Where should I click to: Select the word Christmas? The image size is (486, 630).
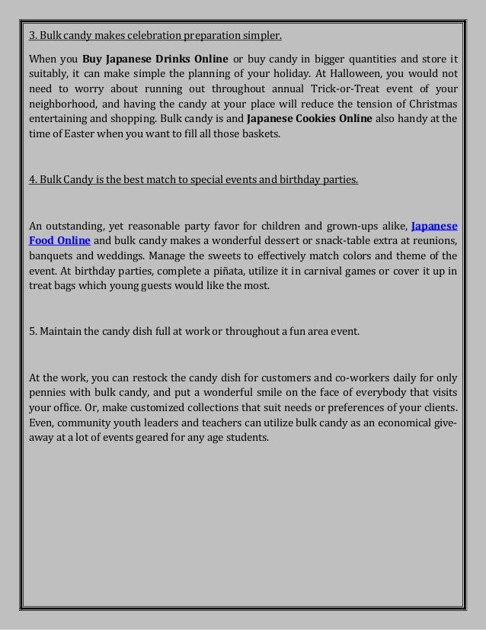430,104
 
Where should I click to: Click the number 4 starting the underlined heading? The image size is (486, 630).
31,180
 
